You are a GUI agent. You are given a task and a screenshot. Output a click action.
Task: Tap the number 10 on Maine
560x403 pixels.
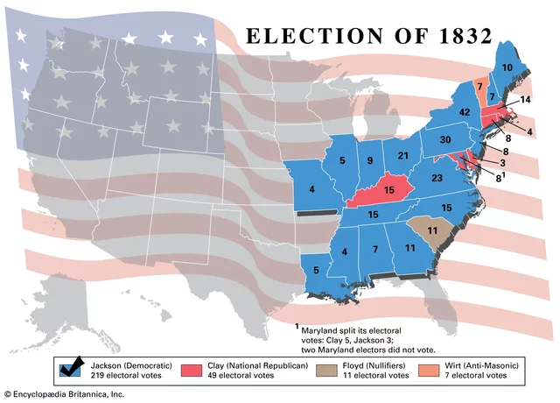[x=507, y=67]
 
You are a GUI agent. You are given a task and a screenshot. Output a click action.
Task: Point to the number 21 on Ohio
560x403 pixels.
[x=403, y=156]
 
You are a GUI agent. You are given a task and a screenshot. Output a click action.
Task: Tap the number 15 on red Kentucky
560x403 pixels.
[x=388, y=189]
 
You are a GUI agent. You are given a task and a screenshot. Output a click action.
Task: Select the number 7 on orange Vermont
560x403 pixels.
[x=479, y=85]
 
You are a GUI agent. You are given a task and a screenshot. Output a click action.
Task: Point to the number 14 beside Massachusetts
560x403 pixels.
[x=525, y=100]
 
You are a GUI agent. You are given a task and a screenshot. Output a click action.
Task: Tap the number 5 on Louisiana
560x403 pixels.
[x=317, y=270]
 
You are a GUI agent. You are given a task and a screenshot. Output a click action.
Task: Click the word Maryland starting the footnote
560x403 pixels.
[x=325, y=329]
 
